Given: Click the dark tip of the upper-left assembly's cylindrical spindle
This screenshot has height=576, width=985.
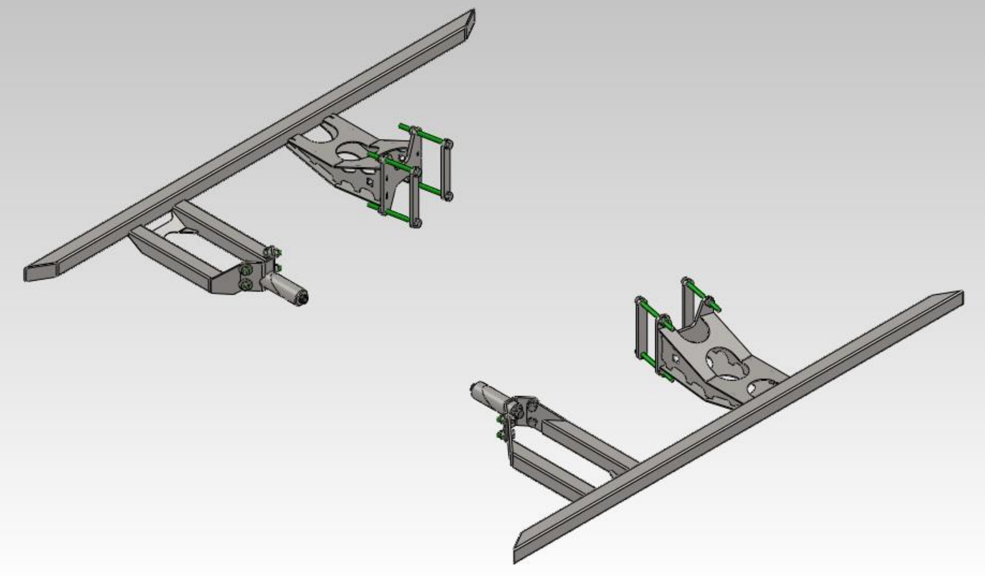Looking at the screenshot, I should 304,298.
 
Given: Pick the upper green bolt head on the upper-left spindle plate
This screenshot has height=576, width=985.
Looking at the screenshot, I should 246,270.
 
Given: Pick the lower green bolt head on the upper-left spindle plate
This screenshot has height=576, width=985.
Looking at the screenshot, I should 245,285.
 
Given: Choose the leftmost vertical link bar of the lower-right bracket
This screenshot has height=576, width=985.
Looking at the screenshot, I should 640,328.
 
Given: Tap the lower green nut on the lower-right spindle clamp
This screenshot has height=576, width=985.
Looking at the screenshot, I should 500,435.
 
